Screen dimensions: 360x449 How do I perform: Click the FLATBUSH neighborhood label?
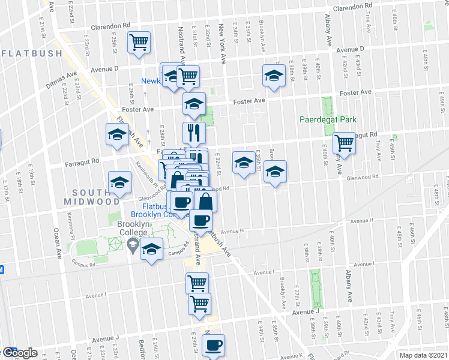tap(32, 53)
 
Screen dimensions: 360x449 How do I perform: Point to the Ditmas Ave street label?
tap(63, 79)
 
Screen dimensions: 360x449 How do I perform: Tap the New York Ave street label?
tap(222, 37)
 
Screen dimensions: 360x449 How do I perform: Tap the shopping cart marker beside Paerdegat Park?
tap(344, 143)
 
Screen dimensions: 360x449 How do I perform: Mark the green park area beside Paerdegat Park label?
tap(327, 104)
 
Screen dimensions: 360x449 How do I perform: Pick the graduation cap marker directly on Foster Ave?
tap(194, 103)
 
